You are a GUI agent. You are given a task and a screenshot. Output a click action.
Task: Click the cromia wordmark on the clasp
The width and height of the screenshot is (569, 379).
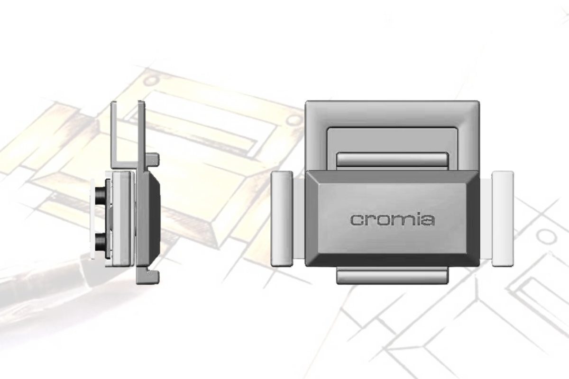392,220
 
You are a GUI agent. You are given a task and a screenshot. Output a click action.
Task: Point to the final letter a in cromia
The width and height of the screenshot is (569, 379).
428,220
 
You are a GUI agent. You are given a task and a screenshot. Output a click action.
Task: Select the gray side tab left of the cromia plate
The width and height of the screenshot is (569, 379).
282,219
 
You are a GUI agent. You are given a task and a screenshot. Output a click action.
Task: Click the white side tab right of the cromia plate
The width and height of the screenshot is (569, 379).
503,219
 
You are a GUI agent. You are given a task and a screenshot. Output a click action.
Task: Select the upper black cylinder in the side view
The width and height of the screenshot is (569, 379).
101,195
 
